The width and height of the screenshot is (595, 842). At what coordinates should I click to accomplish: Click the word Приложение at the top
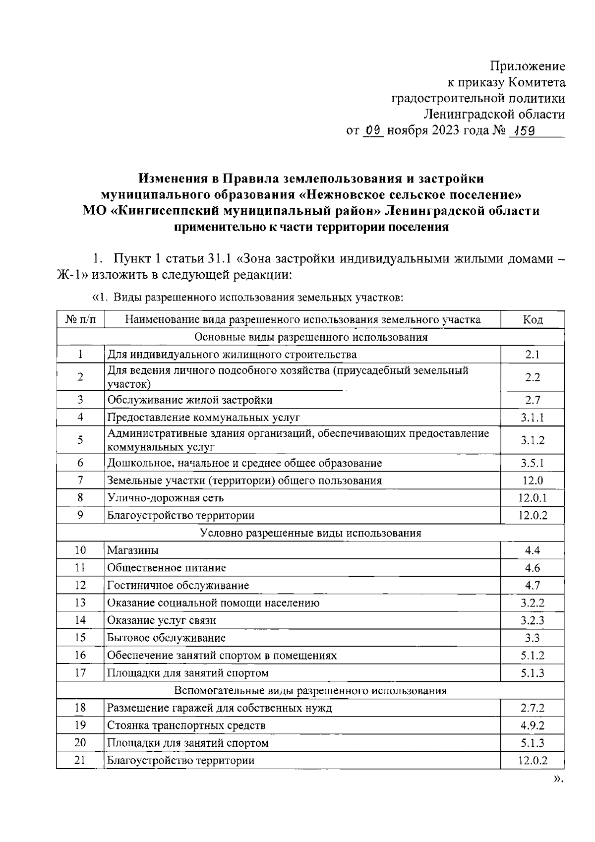(x=528, y=66)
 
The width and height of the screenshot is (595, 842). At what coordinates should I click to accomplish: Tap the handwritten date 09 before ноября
(x=373, y=131)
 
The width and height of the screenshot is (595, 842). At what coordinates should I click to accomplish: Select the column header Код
(x=533, y=320)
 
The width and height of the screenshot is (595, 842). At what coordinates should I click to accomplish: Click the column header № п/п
(x=80, y=320)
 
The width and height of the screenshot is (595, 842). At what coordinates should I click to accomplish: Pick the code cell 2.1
(x=533, y=355)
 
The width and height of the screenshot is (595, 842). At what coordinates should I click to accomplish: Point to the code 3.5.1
(x=533, y=463)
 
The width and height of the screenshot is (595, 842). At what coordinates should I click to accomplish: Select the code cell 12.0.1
(x=533, y=498)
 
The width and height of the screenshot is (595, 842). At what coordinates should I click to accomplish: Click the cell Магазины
(x=133, y=550)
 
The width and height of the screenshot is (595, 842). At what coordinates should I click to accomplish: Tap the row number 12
(x=80, y=585)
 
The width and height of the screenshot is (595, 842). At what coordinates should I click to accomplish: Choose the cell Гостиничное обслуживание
(x=178, y=585)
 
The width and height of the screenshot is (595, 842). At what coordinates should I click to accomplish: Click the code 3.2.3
(x=533, y=620)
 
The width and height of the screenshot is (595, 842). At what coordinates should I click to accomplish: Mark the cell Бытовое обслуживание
(x=166, y=638)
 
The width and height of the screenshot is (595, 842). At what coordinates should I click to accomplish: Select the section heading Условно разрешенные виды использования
(x=310, y=533)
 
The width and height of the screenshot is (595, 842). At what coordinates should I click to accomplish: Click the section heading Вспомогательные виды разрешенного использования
(x=310, y=690)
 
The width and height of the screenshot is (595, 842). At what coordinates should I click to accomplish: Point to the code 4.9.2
(x=533, y=725)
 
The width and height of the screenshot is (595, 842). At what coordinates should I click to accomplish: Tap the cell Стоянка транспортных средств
(x=186, y=725)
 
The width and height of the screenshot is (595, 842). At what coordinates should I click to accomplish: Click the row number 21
(x=80, y=760)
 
